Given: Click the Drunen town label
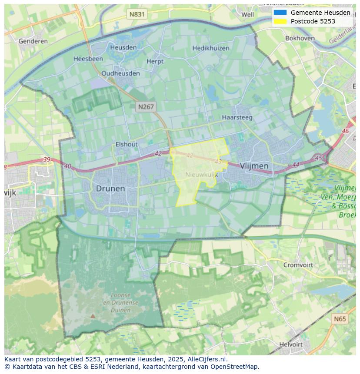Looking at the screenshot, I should [110, 189].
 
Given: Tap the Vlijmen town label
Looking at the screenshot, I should [254, 166].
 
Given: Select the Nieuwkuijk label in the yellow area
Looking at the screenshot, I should [201, 174].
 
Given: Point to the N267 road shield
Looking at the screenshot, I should [146, 106].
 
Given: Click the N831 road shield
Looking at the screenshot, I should [137, 14].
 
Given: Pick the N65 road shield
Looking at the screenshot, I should [340, 319].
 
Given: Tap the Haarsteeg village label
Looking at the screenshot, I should [237, 117].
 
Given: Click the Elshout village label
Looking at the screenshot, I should [127, 144].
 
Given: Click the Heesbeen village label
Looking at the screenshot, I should [88, 59].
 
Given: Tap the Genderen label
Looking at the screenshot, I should [33, 41].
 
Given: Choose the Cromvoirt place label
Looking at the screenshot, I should [298, 265].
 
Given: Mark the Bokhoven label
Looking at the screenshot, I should [300, 38].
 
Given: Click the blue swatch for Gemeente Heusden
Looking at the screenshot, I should [280, 13].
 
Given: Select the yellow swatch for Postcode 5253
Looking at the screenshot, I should [280, 21].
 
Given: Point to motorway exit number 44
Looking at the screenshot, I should [296, 165].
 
